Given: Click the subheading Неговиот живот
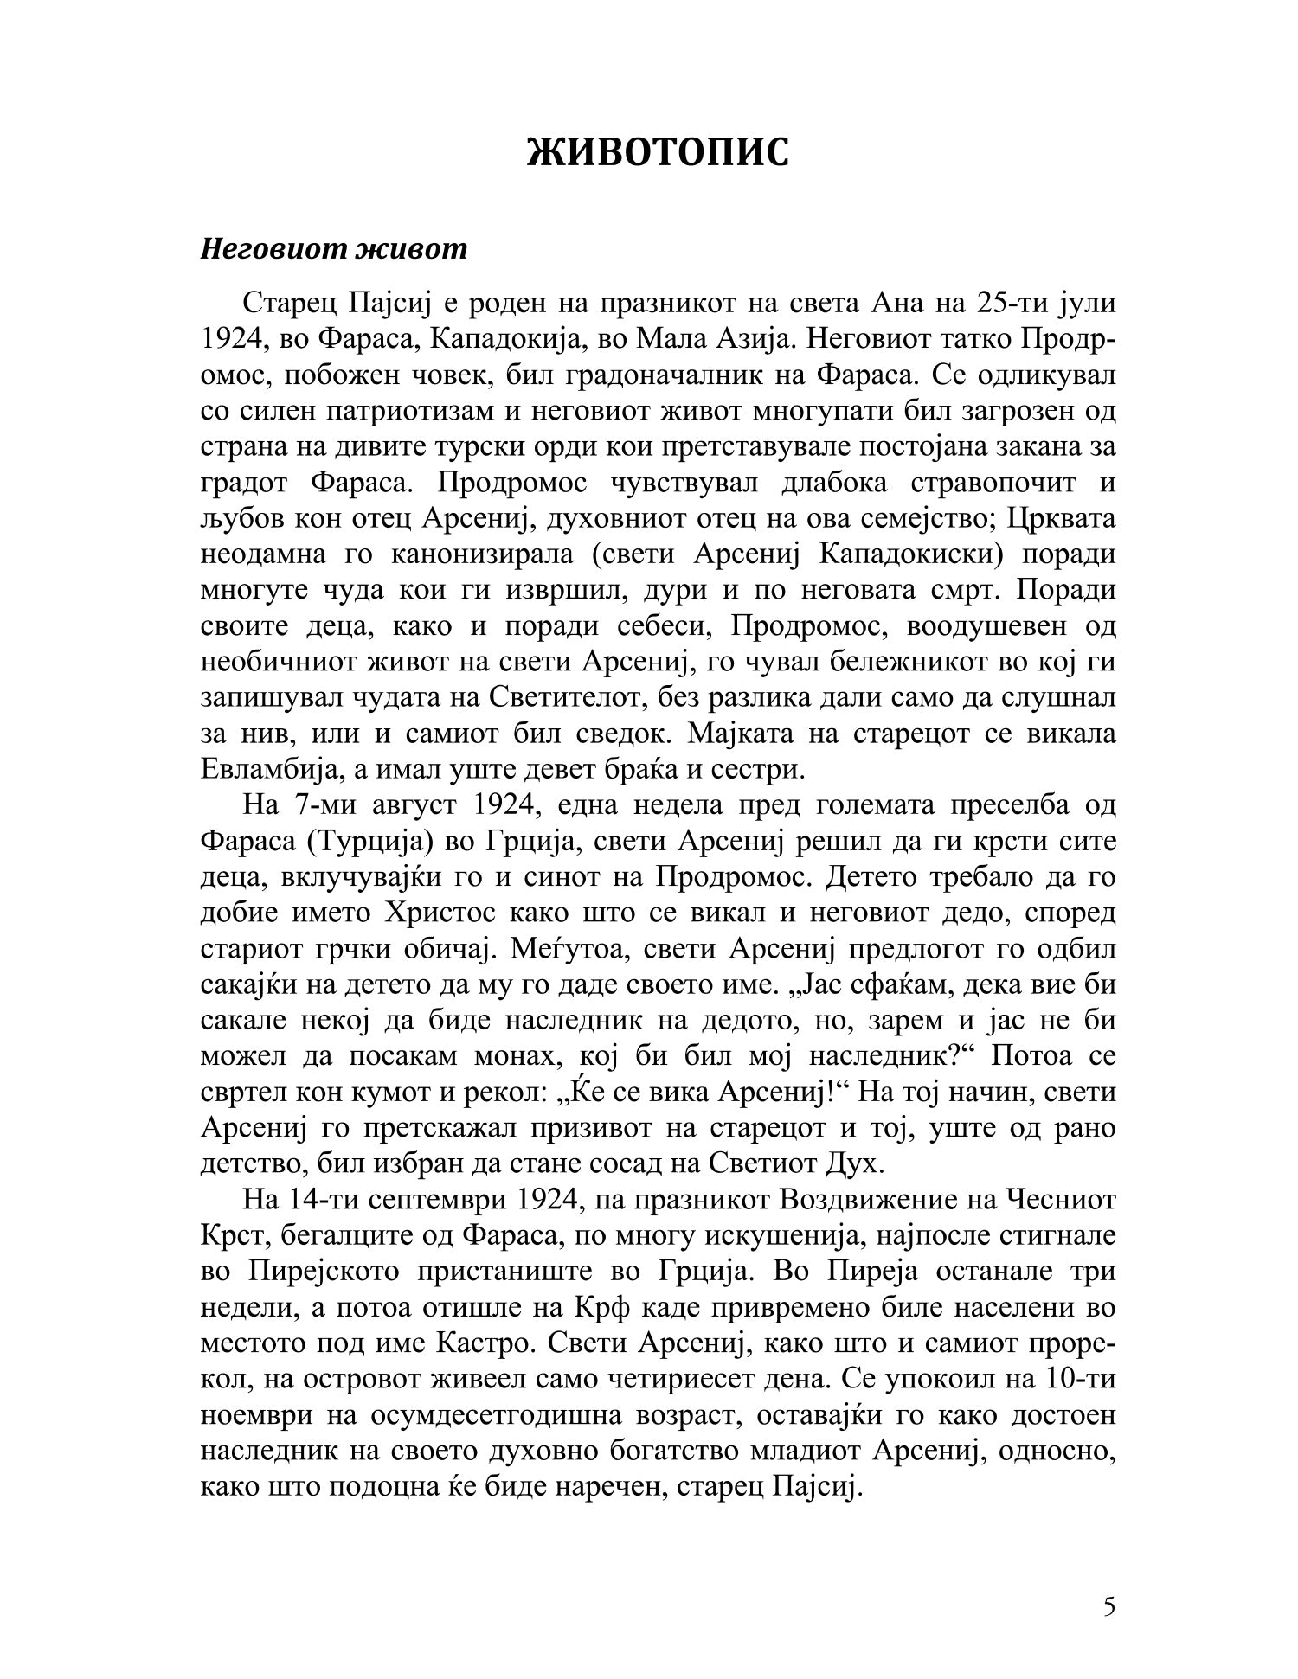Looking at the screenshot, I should (334, 249).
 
